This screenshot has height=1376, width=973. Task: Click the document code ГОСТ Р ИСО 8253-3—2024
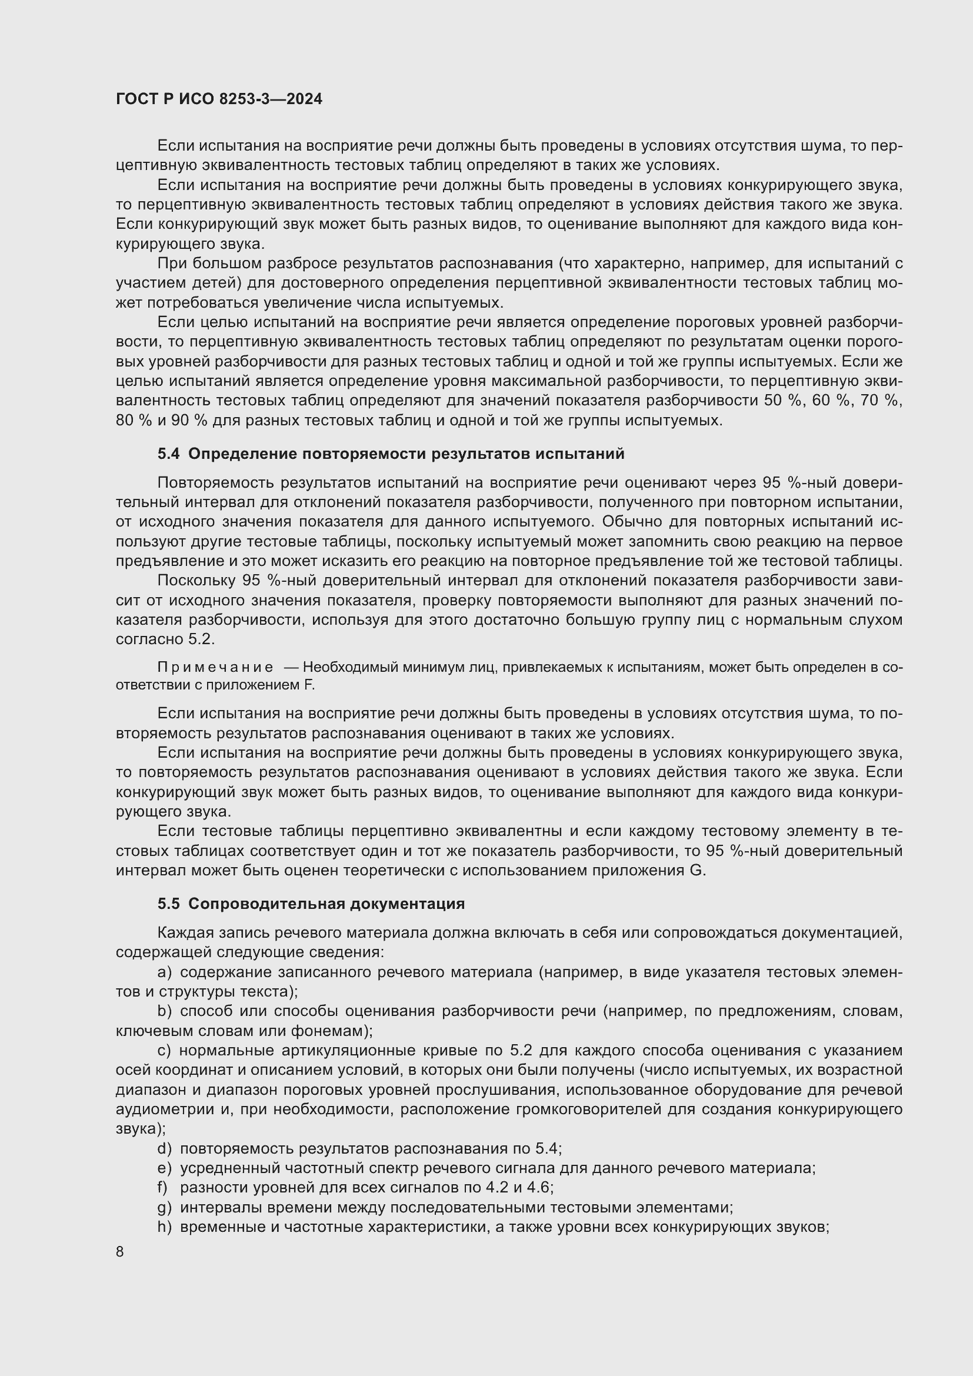(x=219, y=99)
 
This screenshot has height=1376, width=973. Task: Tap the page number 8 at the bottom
(x=120, y=1252)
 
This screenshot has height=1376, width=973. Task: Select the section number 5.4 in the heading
(x=168, y=454)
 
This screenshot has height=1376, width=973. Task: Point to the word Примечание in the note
(x=215, y=667)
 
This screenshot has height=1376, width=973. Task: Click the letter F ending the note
(x=310, y=685)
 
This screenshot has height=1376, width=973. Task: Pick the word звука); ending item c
(x=141, y=1129)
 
